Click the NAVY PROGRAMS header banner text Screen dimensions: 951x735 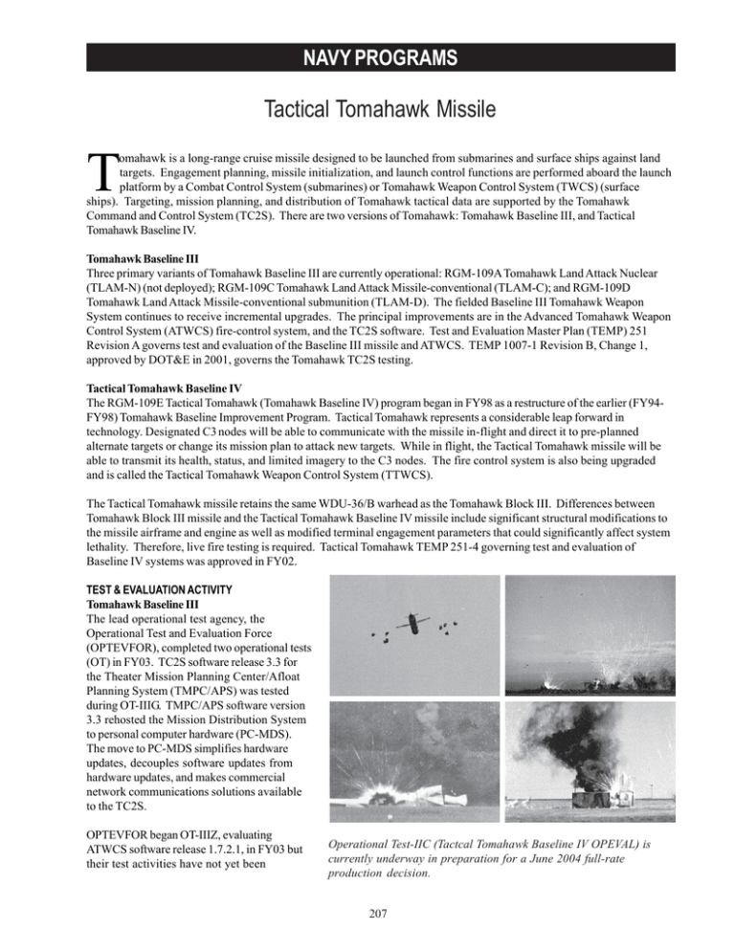click(367, 57)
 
